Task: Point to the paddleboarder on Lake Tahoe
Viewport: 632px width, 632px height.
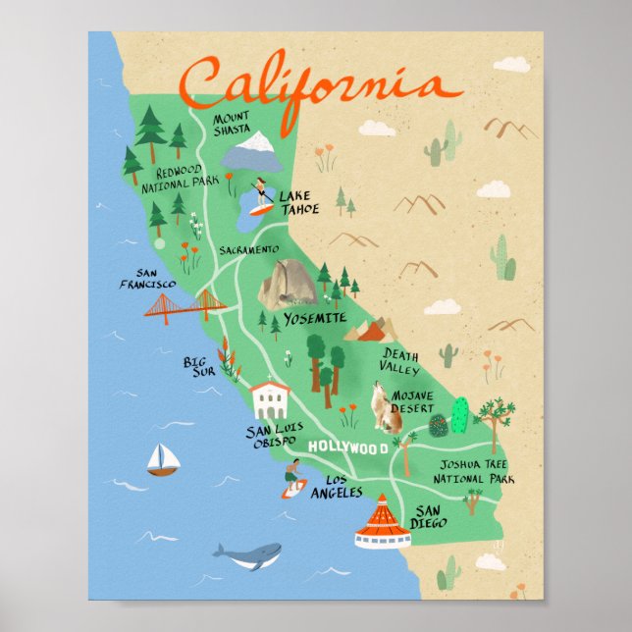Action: pyautogui.click(x=261, y=195)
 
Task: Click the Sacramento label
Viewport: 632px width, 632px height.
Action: pyautogui.click(x=249, y=250)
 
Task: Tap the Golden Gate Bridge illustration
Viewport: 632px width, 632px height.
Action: pyautogui.click(x=185, y=305)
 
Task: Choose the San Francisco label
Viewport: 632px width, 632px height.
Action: pyautogui.click(x=156, y=279)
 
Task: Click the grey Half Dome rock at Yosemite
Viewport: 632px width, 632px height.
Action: pyautogui.click(x=288, y=285)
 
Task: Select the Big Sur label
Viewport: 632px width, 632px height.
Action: pyautogui.click(x=199, y=367)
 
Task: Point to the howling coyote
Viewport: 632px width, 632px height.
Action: pyautogui.click(x=389, y=410)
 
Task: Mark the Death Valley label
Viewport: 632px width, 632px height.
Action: pyautogui.click(x=400, y=362)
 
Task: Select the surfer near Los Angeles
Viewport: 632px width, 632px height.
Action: pyautogui.click(x=292, y=478)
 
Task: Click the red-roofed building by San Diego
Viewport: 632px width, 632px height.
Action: pyautogui.click(x=383, y=523)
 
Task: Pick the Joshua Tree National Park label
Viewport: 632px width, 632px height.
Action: pyautogui.click(x=477, y=473)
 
